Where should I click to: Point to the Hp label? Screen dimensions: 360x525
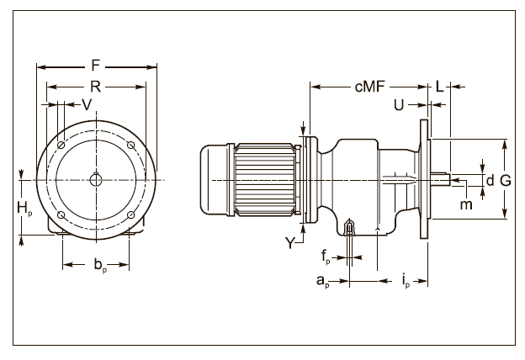pyautogui.click(x=27, y=207)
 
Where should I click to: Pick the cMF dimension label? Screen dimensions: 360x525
pyautogui.click(x=369, y=86)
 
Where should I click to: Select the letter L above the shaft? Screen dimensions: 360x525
pyautogui.click(x=440, y=86)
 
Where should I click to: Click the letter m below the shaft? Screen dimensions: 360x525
pyautogui.click(x=466, y=205)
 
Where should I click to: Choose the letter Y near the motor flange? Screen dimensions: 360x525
pyautogui.click(x=291, y=243)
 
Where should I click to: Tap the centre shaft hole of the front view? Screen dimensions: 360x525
pyautogui.click(x=96, y=179)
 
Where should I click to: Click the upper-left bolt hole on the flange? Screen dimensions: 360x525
pyautogui.click(x=61, y=146)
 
